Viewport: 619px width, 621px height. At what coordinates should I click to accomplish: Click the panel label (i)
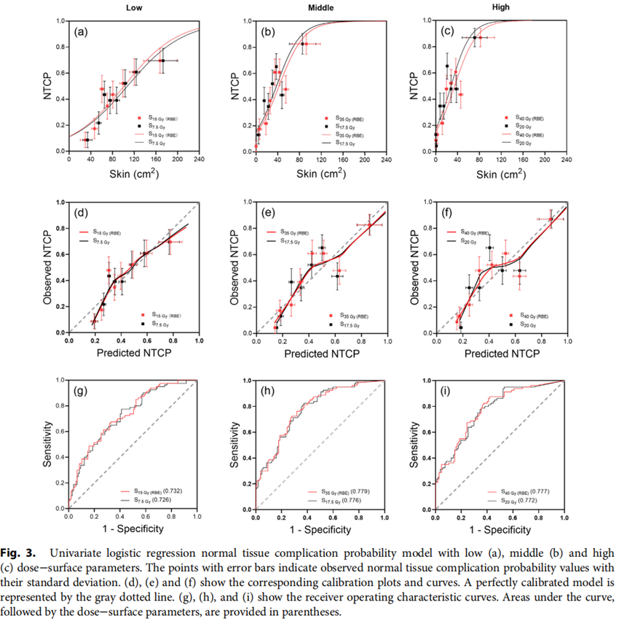445,391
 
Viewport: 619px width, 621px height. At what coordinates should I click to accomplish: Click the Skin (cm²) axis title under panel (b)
320,173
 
